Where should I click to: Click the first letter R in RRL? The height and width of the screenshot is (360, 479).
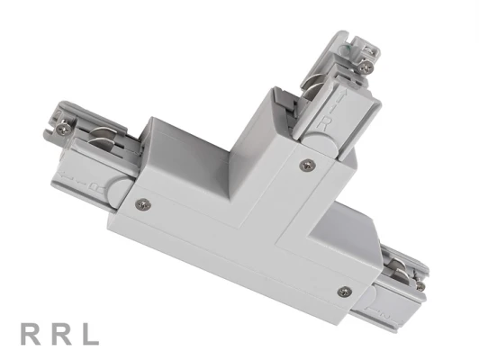31,336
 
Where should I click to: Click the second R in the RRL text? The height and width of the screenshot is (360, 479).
60,336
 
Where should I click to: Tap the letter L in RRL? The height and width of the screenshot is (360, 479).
90,336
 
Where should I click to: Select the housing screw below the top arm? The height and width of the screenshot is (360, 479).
307,164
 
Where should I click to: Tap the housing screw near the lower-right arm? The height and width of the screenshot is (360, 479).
344,291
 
